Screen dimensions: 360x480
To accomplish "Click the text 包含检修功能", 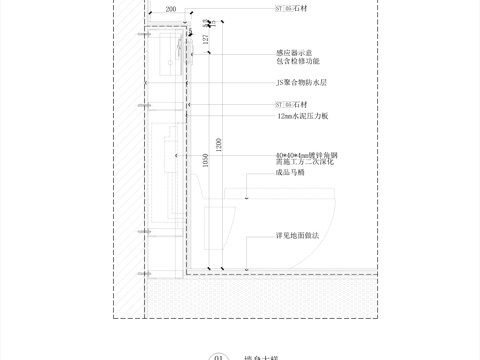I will coord(299,62).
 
